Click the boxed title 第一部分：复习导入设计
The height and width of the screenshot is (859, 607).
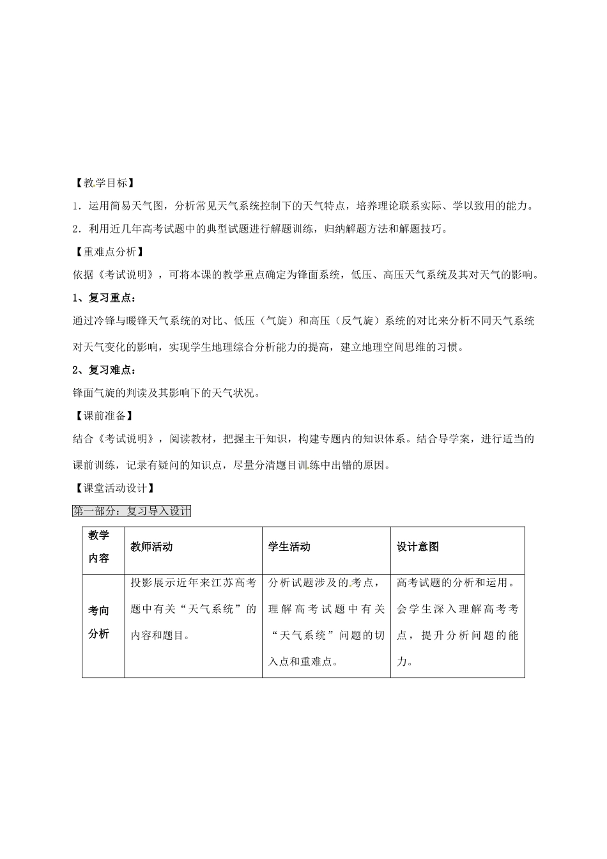[x=132, y=511]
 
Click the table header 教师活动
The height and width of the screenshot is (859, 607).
[x=151, y=547]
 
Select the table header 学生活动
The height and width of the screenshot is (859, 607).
[x=289, y=547]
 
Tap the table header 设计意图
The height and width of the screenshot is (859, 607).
[x=418, y=547]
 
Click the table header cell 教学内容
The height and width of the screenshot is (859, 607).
[x=99, y=547]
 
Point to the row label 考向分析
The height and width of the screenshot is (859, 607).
[x=99, y=623]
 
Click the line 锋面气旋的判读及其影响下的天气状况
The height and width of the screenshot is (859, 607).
[x=166, y=393]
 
